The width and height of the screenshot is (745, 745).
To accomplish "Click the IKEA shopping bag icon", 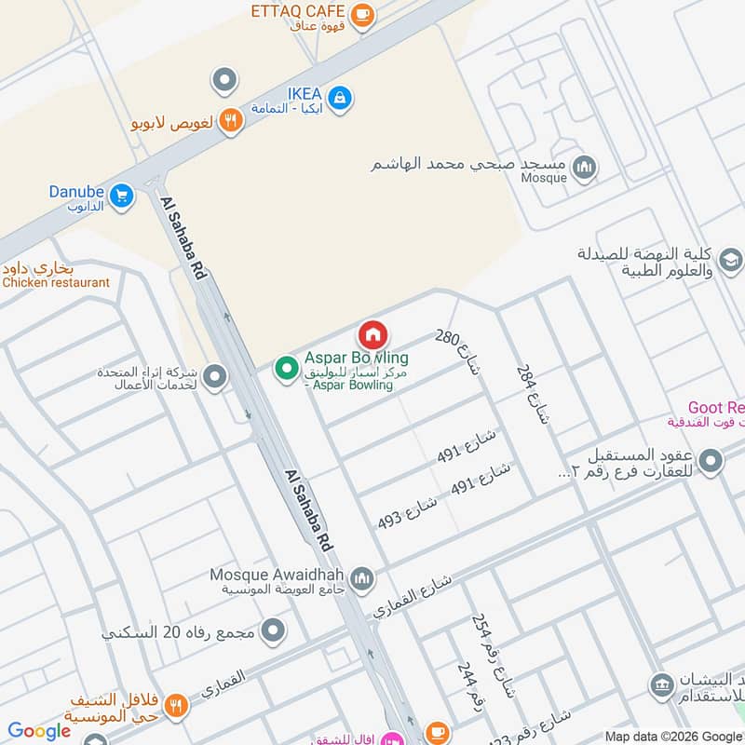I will [x=340, y=96].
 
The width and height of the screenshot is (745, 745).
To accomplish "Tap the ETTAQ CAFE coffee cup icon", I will [x=363, y=14].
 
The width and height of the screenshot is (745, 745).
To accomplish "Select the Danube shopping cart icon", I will [x=119, y=196].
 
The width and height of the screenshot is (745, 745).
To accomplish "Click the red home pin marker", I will [x=372, y=334].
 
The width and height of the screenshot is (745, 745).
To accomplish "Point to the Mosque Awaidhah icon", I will [x=362, y=578].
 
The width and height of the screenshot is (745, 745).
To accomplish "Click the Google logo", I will [x=38, y=732].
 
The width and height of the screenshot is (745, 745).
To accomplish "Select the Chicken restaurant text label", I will [x=57, y=282].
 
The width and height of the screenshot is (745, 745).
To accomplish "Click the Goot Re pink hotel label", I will [x=715, y=407].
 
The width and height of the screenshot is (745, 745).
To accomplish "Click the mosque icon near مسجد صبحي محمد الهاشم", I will [x=585, y=168].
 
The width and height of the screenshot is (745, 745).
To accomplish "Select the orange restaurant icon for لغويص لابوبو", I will [x=231, y=119].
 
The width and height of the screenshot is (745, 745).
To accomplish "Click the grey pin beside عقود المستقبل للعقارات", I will [x=711, y=461].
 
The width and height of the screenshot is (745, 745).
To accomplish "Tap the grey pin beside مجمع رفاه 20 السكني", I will [x=274, y=632].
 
